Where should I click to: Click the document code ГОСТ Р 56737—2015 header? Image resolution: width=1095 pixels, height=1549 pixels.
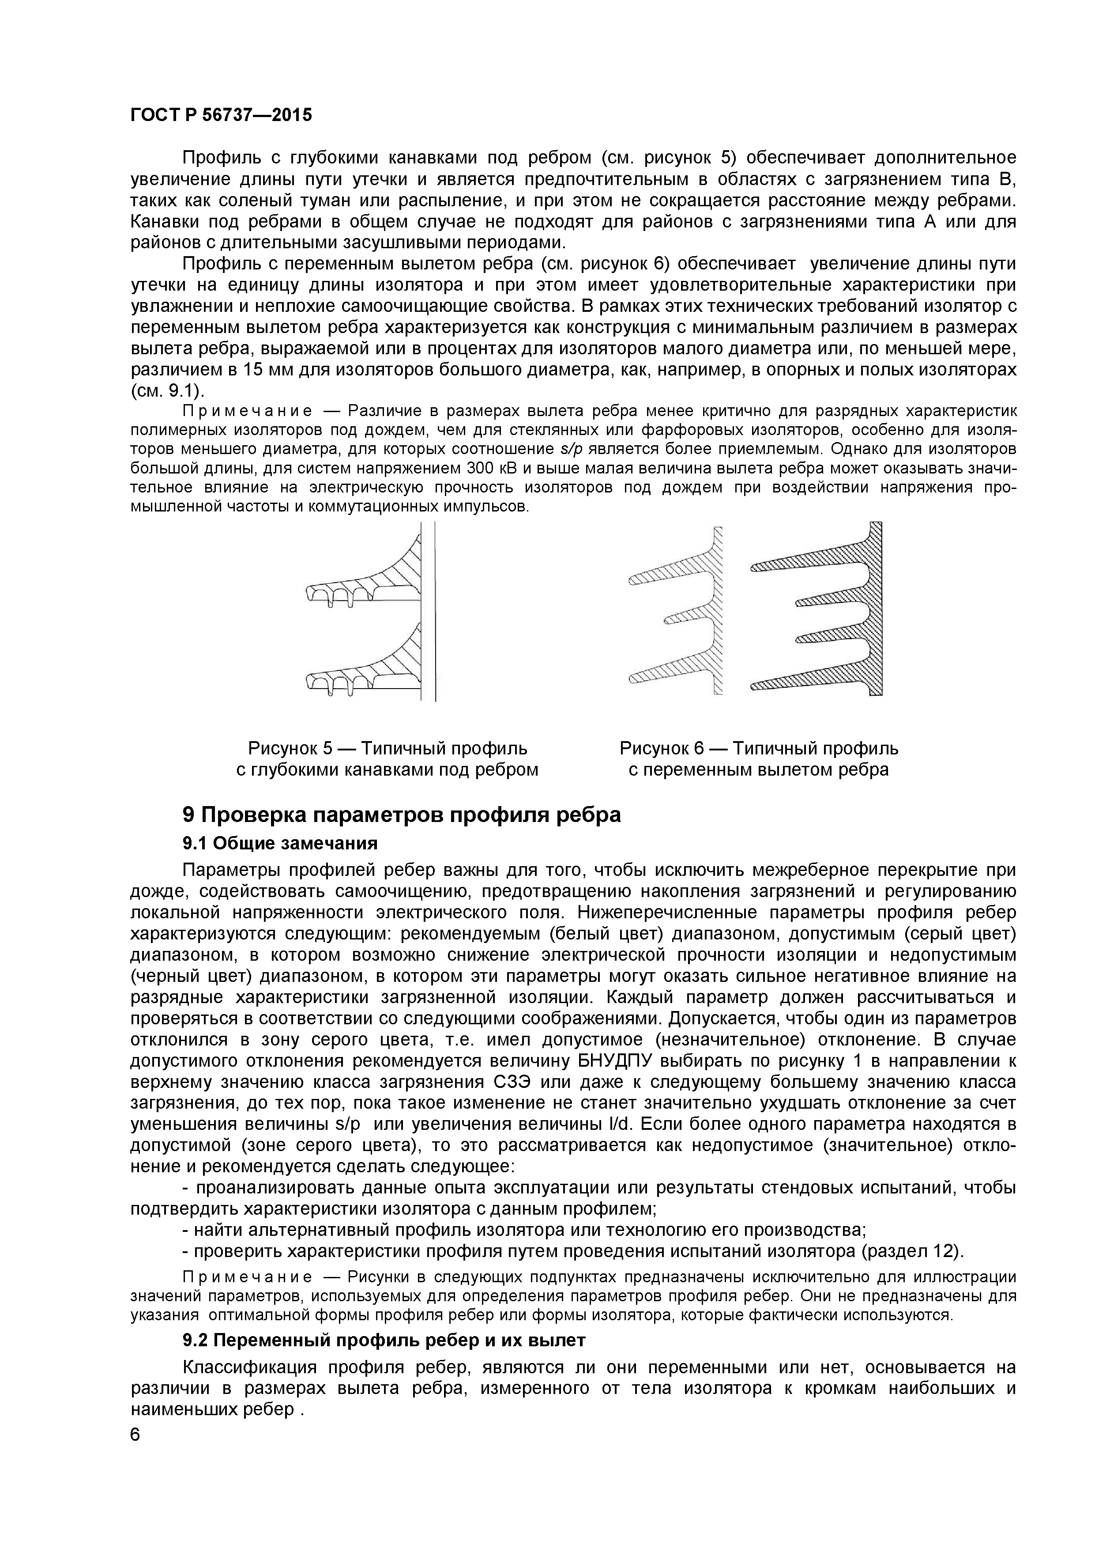221,115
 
